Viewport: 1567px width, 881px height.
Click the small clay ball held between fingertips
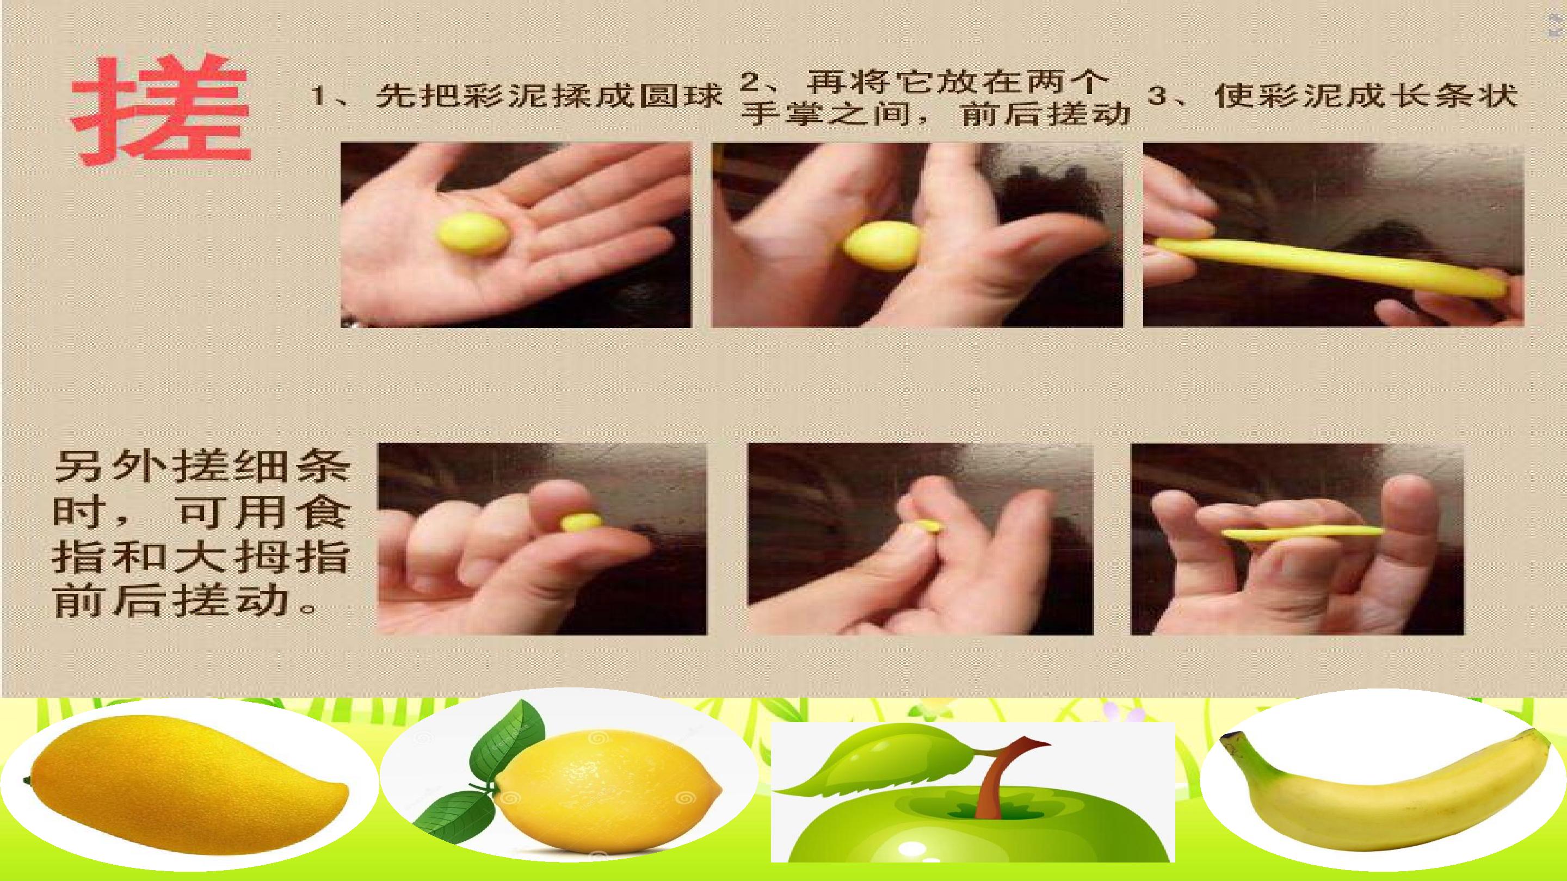pyautogui.click(x=581, y=523)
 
